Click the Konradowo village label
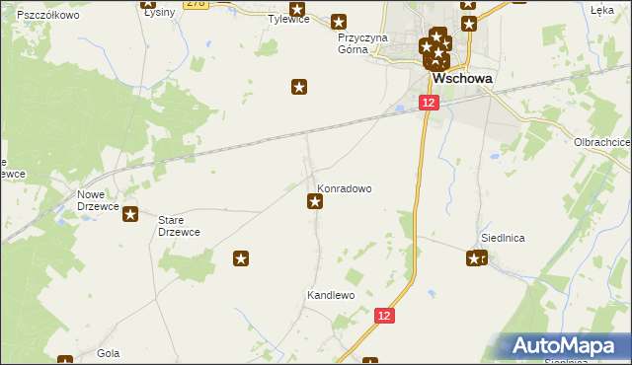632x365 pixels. (344, 186)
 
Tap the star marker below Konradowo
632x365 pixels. (315, 202)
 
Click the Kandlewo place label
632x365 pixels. (330, 295)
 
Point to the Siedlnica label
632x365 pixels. (502, 238)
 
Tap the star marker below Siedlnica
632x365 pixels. (476, 258)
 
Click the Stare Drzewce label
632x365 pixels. (180, 225)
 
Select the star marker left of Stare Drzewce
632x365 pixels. (130, 214)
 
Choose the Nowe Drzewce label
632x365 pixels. (99, 200)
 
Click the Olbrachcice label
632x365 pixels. (601, 142)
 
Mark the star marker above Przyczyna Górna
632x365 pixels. (340, 21)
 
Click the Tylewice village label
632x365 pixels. (289, 19)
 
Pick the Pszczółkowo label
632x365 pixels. (48, 16)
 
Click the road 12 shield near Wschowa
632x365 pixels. (428, 103)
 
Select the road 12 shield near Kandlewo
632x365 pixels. (385, 315)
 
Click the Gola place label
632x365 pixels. (109, 352)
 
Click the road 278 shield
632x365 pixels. (197, 4)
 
